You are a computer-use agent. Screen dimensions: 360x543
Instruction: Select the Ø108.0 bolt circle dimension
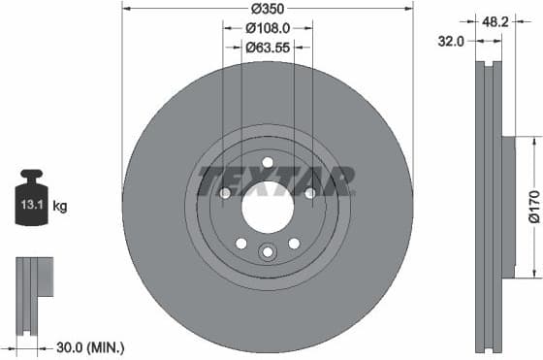(268, 29)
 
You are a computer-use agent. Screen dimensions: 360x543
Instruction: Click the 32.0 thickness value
(450, 42)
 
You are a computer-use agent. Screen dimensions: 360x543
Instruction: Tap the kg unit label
(60, 206)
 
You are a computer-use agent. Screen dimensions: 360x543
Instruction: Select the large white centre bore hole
(268, 208)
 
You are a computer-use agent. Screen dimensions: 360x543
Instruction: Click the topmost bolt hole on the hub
(268, 162)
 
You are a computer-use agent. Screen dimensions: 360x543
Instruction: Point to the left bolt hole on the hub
(225, 193)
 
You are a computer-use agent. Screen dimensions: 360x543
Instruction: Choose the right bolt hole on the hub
(310, 193)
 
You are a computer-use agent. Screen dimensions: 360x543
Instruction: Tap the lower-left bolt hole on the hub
(241, 244)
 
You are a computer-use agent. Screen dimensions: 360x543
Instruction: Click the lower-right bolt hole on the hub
(294, 244)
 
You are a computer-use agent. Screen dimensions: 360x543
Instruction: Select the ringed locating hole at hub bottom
(268, 252)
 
